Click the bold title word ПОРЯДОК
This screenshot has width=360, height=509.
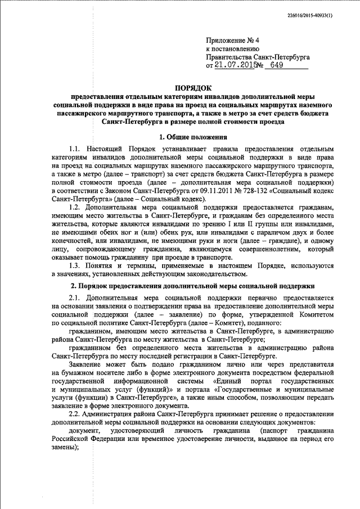point(192,88)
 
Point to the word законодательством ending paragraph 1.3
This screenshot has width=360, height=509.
point(215,274)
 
